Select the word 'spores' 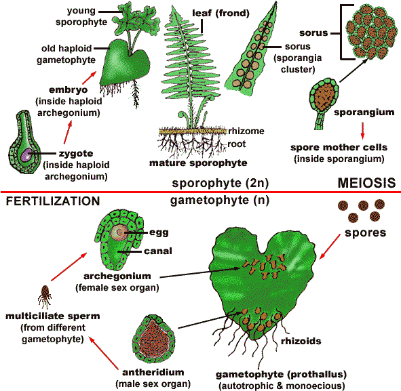[364, 232]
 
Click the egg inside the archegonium [119, 234]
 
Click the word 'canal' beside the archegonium [161, 251]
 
